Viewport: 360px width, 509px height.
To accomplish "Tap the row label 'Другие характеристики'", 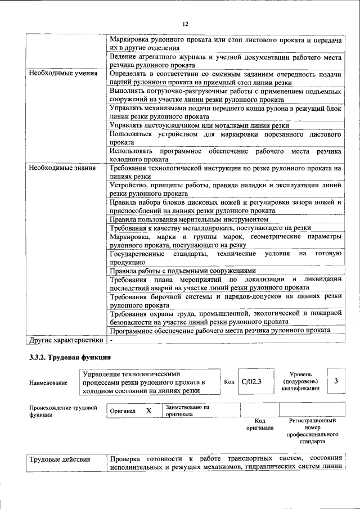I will pos(66,340).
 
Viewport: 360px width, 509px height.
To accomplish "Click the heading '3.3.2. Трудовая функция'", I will pos(70,357).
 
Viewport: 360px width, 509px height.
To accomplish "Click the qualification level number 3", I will pos(336,381).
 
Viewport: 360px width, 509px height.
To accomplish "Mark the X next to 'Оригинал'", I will pos(148,411).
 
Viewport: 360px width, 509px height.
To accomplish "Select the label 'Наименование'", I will pos(48,382).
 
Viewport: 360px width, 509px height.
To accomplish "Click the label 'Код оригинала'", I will pos(259,424).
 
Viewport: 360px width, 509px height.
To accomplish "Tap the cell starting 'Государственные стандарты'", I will pos(225,257).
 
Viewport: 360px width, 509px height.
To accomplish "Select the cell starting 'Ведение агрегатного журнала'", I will pos(225,61).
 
